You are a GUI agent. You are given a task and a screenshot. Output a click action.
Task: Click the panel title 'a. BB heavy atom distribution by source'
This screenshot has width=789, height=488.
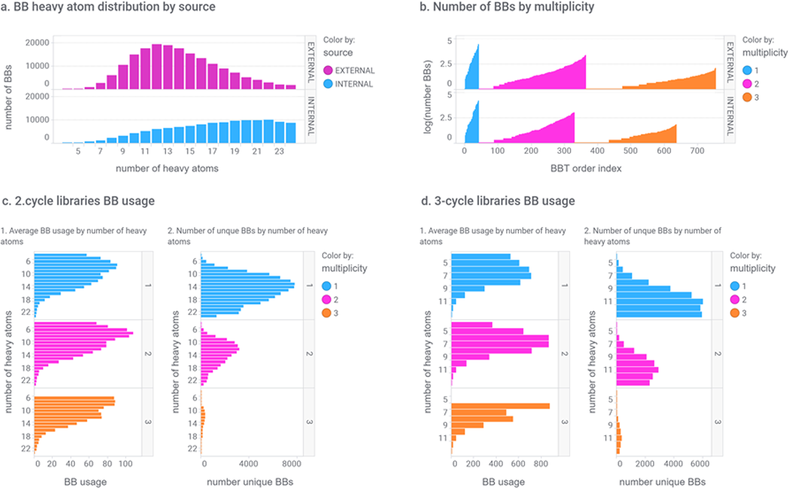point(108,7)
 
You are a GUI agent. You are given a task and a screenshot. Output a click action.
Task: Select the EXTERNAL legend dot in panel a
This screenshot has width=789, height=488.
point(328,71)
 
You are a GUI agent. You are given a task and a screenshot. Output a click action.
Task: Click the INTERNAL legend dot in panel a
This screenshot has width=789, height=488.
point(328,84)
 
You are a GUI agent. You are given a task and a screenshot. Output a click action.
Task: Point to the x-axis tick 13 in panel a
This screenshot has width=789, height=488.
point(168,151)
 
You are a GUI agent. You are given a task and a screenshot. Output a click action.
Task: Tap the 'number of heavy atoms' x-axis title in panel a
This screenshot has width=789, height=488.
point(167,168)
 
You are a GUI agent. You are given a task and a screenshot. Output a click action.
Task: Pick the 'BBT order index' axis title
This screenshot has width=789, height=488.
point(586,168)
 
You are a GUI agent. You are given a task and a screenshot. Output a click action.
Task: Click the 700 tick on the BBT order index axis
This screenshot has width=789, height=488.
point(697,151)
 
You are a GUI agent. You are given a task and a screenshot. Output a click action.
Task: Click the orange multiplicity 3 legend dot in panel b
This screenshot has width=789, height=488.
point(747,97)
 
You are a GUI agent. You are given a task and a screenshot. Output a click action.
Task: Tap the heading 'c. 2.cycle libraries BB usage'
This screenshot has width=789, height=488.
point(79,201)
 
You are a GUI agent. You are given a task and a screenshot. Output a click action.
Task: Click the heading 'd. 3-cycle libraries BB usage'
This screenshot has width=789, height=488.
point(498,201)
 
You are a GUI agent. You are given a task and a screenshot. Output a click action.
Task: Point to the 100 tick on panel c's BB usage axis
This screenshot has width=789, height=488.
point(126,464)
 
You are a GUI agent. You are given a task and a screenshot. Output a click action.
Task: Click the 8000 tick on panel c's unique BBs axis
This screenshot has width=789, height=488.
point(292,464)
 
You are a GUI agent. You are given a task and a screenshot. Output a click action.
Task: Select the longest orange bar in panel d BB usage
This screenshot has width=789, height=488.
point(501,406)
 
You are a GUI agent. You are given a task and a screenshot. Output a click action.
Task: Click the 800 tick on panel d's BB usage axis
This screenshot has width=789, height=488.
point(541,464)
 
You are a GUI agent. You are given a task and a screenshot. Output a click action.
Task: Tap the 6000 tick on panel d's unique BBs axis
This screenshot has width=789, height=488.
point(700,464)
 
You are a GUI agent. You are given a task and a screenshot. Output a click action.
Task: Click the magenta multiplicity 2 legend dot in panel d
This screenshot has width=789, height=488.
point(735,300)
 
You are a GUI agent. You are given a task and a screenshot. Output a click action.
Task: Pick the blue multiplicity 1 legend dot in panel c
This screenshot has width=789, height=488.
point(326,286)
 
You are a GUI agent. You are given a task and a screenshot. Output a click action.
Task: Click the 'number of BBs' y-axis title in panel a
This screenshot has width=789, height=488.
point(8,97)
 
